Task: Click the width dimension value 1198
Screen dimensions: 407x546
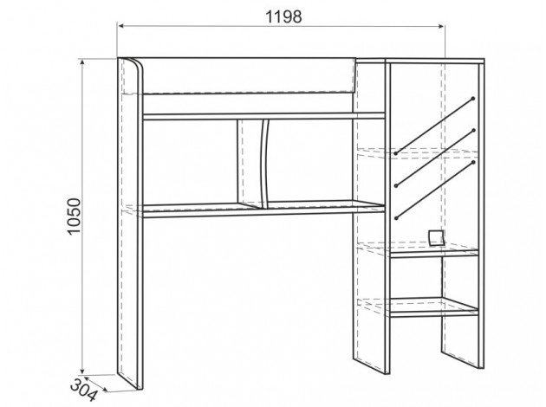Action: pyautogui.click(x=279, y=17)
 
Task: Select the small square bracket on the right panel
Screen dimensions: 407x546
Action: pyautogui.click(x=437, y=237)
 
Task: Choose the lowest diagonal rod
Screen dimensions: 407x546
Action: pyautogui.click(x=433, y=188)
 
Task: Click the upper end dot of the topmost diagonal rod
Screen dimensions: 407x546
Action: pyautogui.click(x=473, y=97)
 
